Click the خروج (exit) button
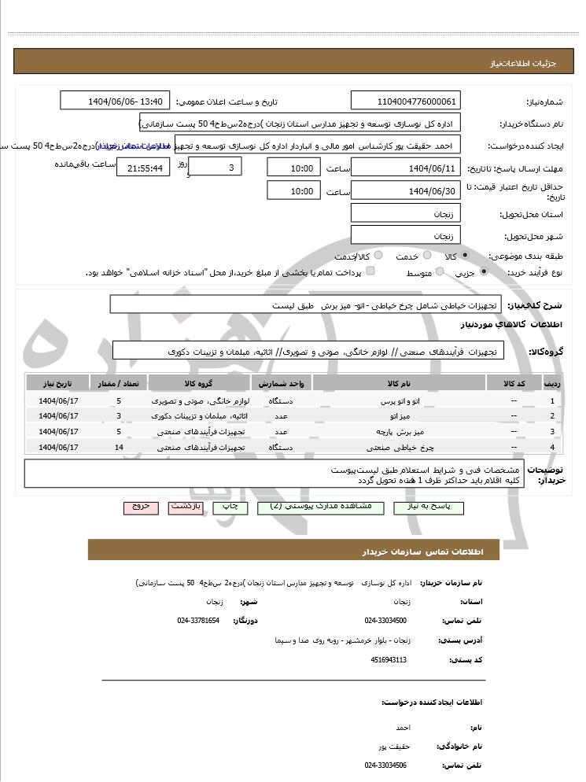pos(141,507)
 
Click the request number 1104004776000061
pos(405,101)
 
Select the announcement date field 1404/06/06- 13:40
pos(115,101)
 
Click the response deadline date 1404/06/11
pos(405,168)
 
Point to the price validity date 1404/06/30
pos(405,190)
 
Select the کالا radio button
pos(464,256)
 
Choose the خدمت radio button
pos(426,256)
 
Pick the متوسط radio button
pos(439,272)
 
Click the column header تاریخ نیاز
pos(57,382)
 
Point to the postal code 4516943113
pos(389,659)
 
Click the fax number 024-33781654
pos(198,621)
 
